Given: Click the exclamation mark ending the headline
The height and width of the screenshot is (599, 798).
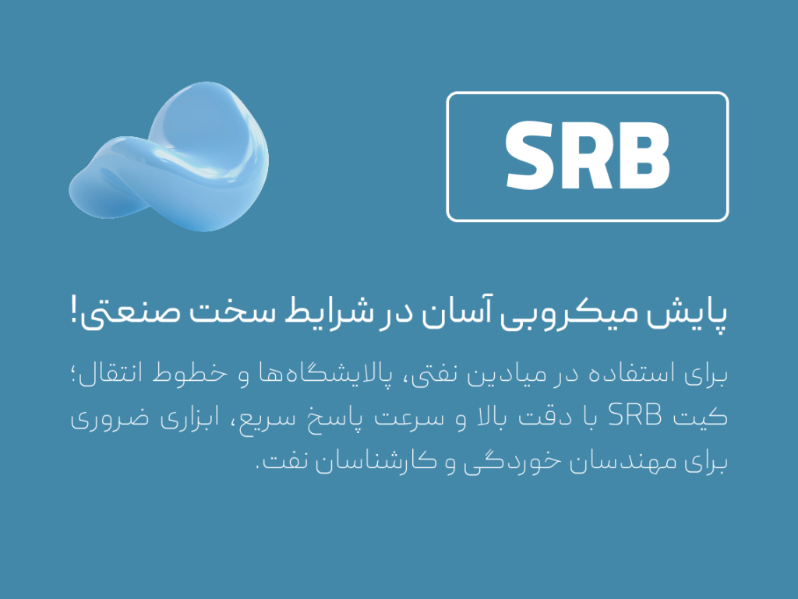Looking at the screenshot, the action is coord(75,311).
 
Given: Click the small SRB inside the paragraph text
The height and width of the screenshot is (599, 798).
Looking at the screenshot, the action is coord(634,415).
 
